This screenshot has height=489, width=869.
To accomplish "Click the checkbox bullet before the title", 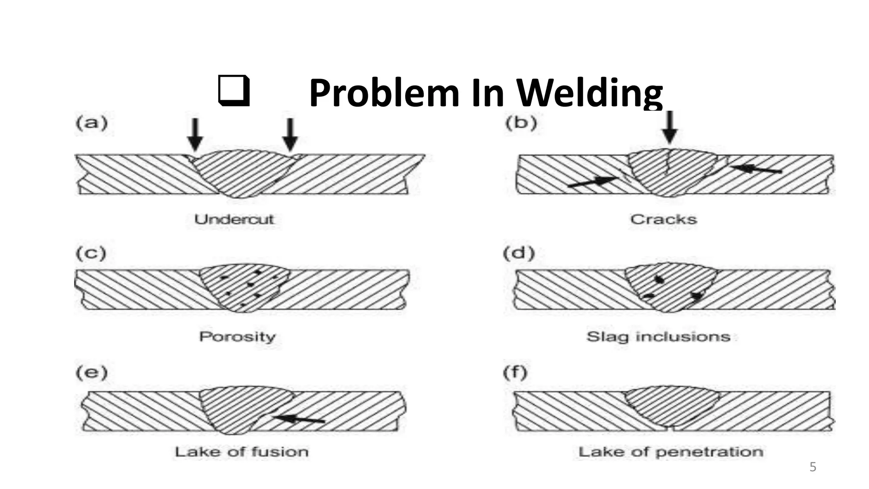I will point(233,90).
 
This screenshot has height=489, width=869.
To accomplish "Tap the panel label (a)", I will point(91,124).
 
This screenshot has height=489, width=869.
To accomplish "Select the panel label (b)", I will point(521,123).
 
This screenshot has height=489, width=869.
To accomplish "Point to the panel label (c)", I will point(91,253).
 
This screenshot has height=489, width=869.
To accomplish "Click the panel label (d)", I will point(519,253).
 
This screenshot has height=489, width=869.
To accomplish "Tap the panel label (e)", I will point(91,373).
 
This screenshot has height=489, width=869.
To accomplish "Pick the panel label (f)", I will point(515,373).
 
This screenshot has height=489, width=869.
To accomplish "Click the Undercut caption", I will point(234,219).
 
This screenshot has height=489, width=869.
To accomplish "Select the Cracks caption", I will point(664,219).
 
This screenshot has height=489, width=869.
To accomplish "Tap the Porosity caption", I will point(238,337).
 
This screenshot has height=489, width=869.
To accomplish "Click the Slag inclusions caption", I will point(659,337).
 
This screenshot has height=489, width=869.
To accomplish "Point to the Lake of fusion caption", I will point(241,452).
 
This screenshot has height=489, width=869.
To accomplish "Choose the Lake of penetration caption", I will point(671,452).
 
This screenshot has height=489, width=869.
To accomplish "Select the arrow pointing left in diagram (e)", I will point(300,419).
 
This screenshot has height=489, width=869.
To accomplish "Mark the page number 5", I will point(813,467).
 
